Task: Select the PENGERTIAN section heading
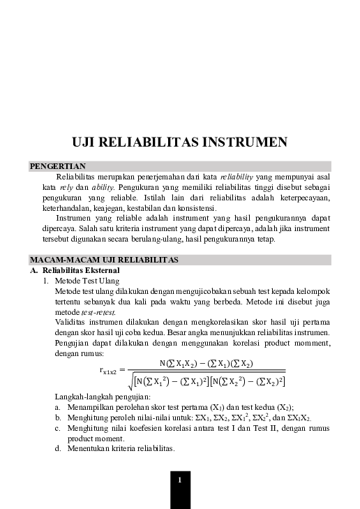coord(58,166)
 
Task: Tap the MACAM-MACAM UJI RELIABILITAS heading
coord(104,260)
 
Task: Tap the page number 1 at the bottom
coord(179,480)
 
